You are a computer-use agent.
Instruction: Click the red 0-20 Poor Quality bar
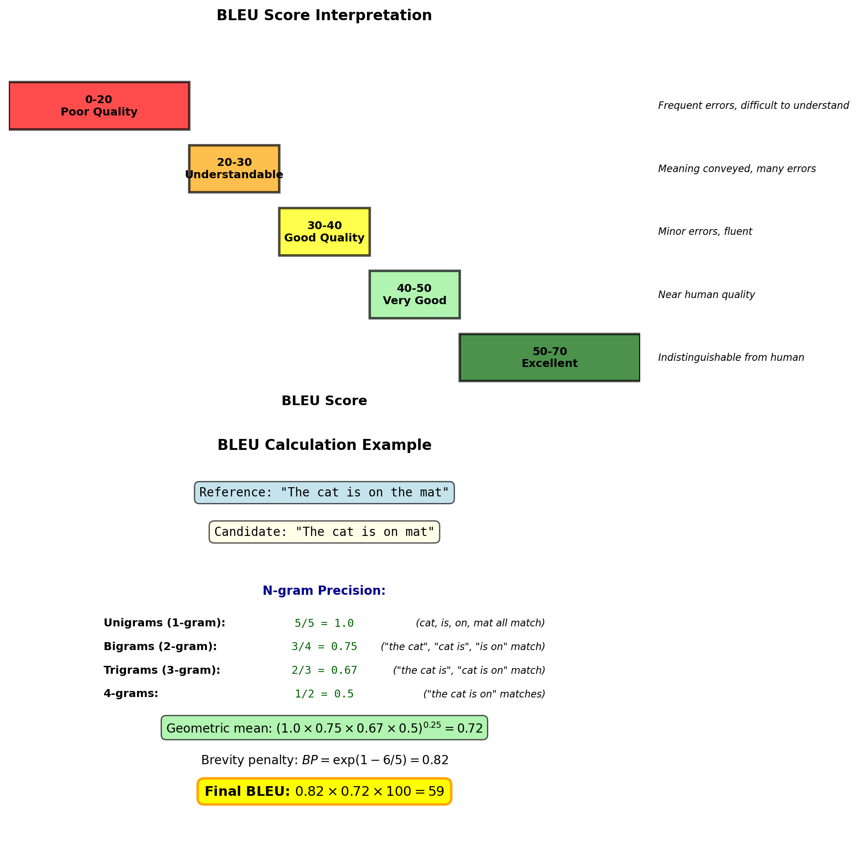pyautogui.click(x=99, y=106)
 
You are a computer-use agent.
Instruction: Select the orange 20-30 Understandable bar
pyautogui.click(x=234, y=169)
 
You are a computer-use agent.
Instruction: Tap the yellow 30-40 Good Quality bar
pyautogui.click(x=324, y=232)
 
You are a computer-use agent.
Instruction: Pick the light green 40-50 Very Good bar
pyautogui.click(x=414, y=295)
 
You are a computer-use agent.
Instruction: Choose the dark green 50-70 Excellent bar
pyautogui.click(x=549, y=357)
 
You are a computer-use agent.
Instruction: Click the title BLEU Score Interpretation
pyautogui.click(x=324, y=15)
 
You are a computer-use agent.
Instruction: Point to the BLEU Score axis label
pyautogui.click(x=324, y=401)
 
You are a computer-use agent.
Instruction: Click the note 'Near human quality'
pyautogui.click(x=707, y=295)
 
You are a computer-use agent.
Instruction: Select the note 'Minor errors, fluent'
pyautogui.click(x=705, y=232)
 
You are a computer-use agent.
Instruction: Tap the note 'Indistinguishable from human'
pyautogui.click(x=731, y=357)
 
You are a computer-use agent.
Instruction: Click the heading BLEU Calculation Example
pyautogui.click(x=324, y=445)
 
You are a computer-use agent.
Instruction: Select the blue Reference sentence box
pyautogui.click(x=324, y=492)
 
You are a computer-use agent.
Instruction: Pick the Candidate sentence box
pyautogui.click(x=324, y=532)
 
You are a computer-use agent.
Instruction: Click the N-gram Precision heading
pyautogui.click(x=324, y=591)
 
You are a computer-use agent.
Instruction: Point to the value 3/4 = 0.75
pyautogui.click(x=324, y=647)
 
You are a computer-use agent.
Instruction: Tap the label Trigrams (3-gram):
pyautogui.click(x=162, y=671)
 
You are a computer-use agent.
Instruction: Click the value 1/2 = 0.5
pyautogui.click(x=324, y=694)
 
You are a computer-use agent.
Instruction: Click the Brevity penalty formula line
pyautogui.click(x=324, y=760)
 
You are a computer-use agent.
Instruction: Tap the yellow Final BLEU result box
pyautogui.click(x=324, y=792)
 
